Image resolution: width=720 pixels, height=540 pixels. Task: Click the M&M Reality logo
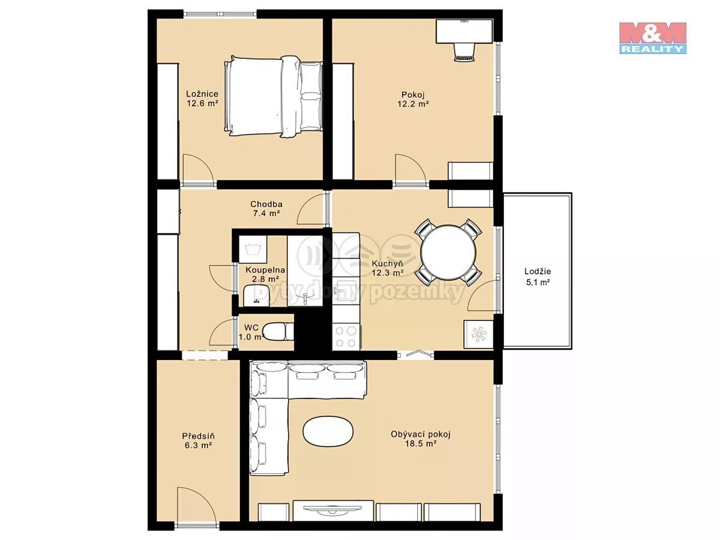[652, 38]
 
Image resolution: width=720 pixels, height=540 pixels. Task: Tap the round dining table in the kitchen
[448, 252]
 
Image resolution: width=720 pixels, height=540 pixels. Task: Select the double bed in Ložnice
[273, 96]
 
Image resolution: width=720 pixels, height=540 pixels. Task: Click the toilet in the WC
[278, 331]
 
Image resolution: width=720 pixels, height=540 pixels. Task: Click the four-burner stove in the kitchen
[346, 337]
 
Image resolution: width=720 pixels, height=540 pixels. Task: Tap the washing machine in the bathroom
[252, 249]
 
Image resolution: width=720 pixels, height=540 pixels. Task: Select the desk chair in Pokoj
[464, 52]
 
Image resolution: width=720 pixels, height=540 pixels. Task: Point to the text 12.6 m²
[203, 104]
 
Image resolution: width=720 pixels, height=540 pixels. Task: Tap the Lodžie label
[538, 271]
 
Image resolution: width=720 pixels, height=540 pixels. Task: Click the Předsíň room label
[198, 436]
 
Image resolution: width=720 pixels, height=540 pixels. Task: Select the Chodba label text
[266, 204]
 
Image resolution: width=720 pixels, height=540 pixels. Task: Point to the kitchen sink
[346, 290]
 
